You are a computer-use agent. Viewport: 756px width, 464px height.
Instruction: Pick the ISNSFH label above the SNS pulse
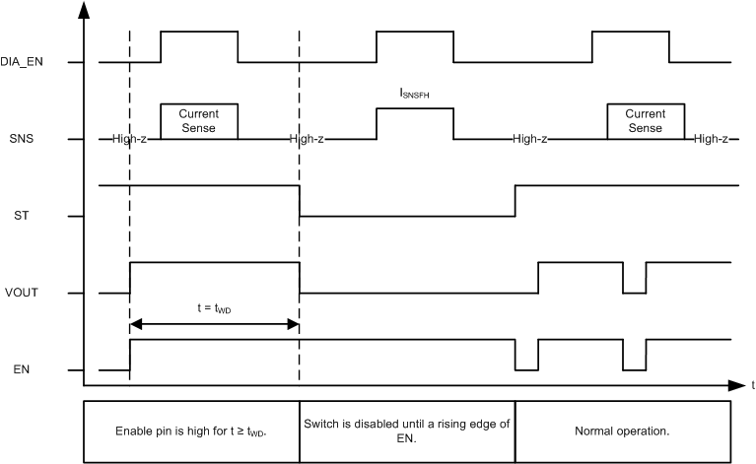pyautogui.click(x=414, y=94)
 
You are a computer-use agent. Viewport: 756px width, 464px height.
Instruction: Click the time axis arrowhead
pyautogui.click(x=735, y=384)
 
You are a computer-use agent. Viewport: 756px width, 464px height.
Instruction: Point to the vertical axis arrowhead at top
pyautogui.click(x=84, y=10)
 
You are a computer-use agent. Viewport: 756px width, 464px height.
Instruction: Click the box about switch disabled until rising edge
pyautogui.click(x=407, y=431)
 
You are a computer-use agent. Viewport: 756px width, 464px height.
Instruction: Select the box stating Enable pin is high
pyautogui.click(x=191, y=431)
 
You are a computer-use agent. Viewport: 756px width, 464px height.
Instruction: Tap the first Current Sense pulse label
pyautogui.click(x=198, y=121)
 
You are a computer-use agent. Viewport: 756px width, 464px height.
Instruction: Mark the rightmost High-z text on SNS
pyautogui.click(x=710, y=139)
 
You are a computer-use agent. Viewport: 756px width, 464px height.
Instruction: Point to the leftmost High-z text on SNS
pyautogui.click(x=129, y=139)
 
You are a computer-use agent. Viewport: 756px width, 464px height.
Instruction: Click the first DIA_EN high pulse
pyautogui.click(x=198, y=33)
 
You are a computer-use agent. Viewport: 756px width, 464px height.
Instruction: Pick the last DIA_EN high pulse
pyautogui.click(x=630, y=33)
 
